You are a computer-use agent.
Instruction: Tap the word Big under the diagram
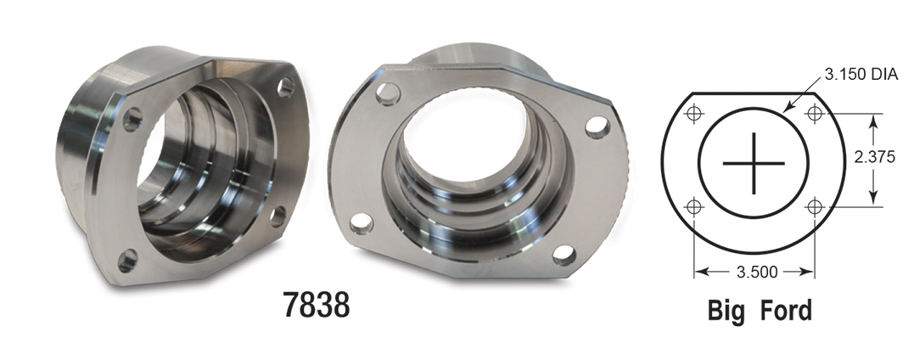point(727,311)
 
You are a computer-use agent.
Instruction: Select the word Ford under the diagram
point(782,311)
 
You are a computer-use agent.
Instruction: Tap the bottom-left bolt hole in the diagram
point(695,206)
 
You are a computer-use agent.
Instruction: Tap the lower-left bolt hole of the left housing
point(127,260)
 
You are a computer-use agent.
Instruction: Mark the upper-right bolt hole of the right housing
point(599,127)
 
